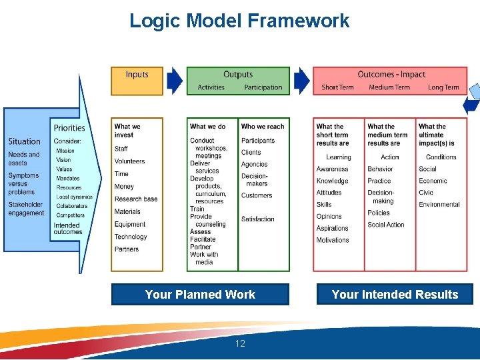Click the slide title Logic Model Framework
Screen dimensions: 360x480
[239, 21]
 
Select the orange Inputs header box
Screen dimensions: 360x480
[137, 81]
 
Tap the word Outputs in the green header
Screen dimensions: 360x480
[238, 75]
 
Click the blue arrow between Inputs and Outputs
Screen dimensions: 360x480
[174, 81]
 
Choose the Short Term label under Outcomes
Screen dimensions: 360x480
[337, 87]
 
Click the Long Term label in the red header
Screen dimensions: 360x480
[443, 87]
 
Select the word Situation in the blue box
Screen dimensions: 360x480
[25, 141]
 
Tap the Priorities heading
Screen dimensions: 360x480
[69, 128]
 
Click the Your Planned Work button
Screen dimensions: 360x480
[200, 295]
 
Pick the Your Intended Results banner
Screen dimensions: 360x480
[395, 295]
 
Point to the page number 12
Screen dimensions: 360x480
[240, 344]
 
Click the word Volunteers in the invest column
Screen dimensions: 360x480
[129, 161]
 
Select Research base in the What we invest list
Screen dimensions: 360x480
[136, 199]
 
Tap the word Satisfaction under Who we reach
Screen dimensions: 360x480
[257, 219]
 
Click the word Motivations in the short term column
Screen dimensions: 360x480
[332, 240]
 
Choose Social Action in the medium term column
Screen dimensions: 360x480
[386, 225]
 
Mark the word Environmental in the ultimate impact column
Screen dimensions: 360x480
[439, 205]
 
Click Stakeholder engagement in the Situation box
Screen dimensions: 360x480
[26, 209]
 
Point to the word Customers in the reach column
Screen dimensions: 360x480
[257, 196]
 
